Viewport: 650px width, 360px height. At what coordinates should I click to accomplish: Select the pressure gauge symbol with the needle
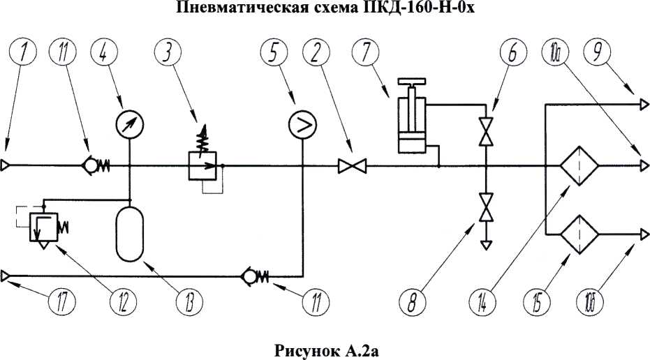point(130,125)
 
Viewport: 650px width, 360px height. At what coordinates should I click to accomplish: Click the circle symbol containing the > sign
point(302,125)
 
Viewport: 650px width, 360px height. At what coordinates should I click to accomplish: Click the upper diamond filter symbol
point(579,167)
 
